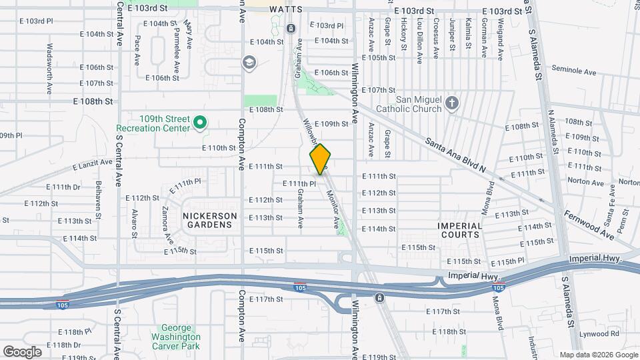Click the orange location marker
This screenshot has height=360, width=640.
(321, 159)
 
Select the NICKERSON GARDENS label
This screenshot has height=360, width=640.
(209, 220)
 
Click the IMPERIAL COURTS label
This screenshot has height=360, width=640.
(460, 230)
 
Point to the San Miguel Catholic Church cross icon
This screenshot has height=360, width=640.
(452, 103)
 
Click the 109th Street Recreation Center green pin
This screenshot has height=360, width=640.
(199, 123)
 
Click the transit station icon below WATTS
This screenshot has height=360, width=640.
(291, 29)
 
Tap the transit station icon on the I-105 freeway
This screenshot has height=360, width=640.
(379, 297)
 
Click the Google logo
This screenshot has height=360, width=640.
(22, 351)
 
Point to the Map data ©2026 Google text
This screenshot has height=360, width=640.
(598, 355)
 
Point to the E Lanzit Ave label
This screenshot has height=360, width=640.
(91, 164)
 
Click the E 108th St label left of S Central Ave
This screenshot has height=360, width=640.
(93, 101)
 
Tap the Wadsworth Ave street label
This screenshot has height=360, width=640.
(50, 69)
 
